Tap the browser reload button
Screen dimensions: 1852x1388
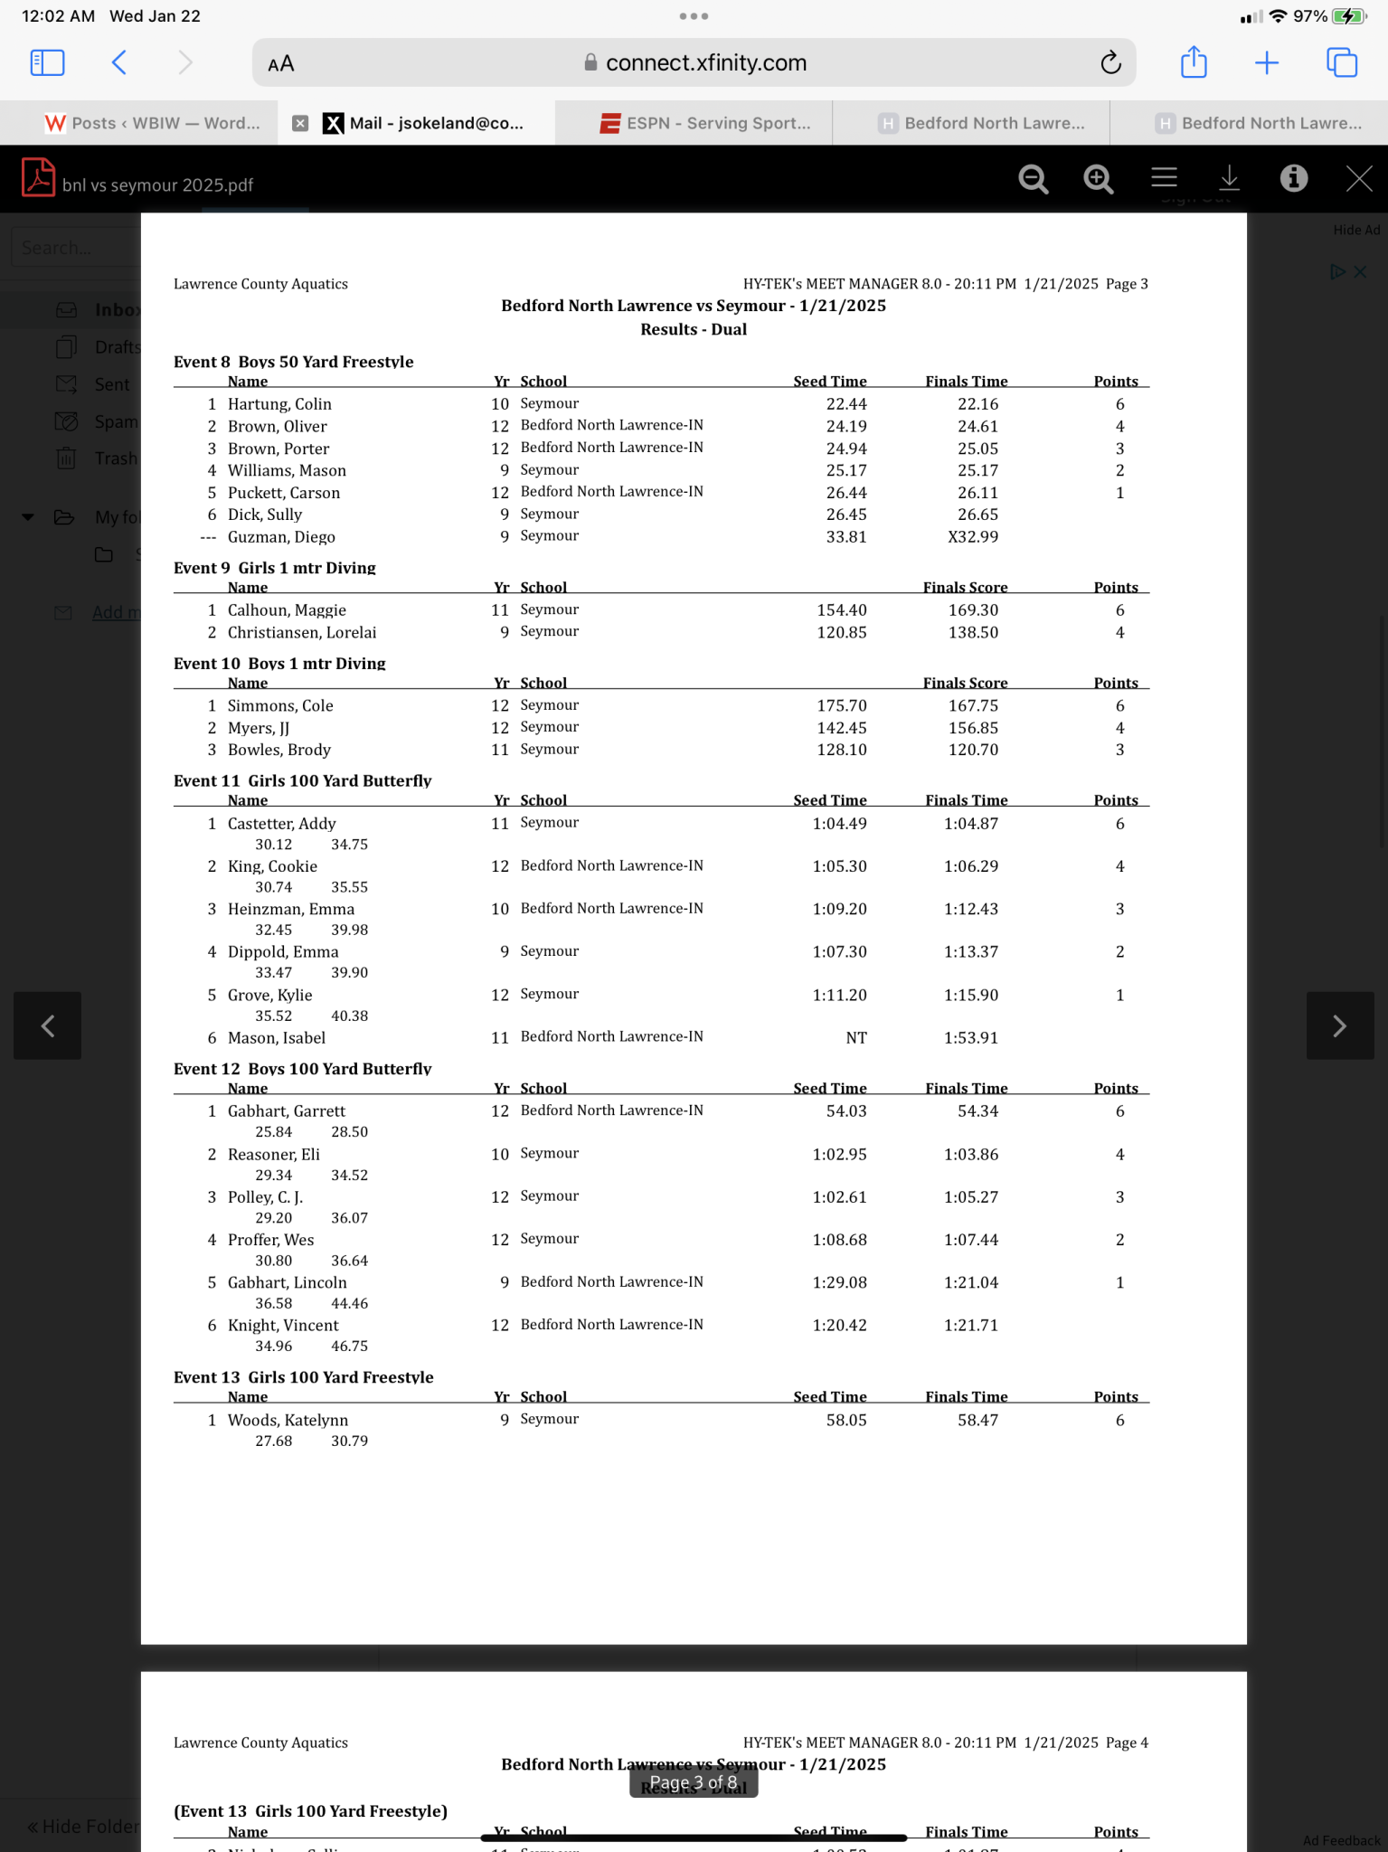point(1110,62)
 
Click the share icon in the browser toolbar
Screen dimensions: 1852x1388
point(1194,62)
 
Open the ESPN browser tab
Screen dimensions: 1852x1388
point(706,123)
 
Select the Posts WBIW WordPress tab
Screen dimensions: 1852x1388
point(153,123)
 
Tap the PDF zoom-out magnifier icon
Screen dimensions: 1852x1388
point(1033,179)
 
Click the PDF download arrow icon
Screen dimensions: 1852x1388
point(1229,179)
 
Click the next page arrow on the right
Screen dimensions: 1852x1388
point(1339,1025)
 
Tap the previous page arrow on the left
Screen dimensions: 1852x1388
point(48,1025)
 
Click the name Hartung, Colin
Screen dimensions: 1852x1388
point(279,404)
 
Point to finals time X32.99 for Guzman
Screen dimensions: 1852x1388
point(973,537)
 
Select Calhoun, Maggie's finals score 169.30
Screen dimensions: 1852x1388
point(973,610)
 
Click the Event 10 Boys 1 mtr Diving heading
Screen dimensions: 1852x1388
point(279,664)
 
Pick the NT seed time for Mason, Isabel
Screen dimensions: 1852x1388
point(855,1038)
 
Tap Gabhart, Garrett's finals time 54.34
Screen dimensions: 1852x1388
point(977,1111)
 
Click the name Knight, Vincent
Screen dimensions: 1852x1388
point(283,1326)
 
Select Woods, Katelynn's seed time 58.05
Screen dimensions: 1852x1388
point(845,1421)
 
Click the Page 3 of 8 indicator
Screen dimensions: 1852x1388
point(694,1782)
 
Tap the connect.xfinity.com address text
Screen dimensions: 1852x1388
point(705,63)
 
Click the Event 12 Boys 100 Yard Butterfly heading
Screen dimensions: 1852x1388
point(302,1069)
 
